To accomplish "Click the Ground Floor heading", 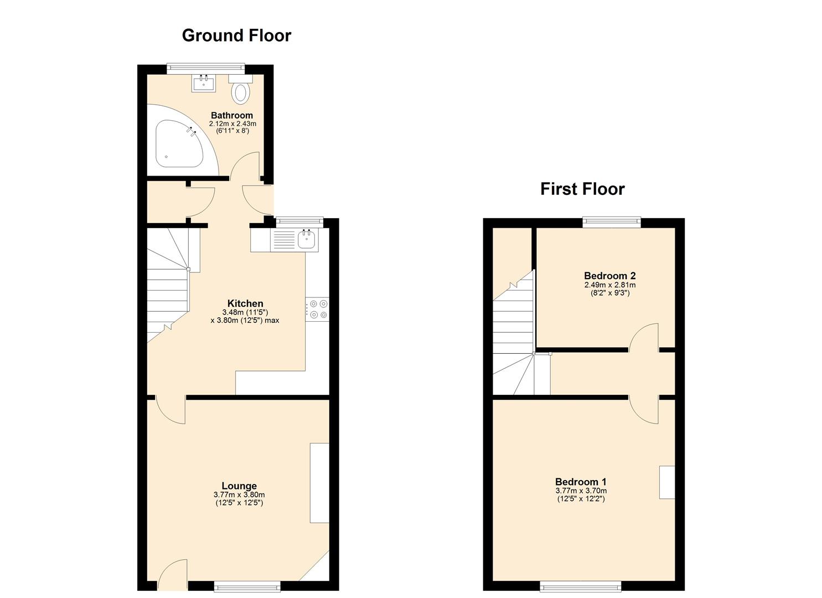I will pos(236,35).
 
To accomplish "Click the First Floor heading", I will pos(582,189).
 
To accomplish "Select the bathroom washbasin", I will pos(204,83).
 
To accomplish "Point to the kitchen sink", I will pos(306,240).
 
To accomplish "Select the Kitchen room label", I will pos(245,303).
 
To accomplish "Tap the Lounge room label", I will pos(239,486).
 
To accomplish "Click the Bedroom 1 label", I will pos(581,482).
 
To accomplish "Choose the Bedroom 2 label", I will pos(609,276).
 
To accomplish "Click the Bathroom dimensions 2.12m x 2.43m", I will pos(232,123).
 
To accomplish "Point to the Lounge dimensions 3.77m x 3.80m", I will pos(239,495).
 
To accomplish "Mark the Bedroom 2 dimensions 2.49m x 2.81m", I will pos(609,285).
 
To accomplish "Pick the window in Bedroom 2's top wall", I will pos(611,223).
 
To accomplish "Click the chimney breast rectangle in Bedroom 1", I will pos(667,482).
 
